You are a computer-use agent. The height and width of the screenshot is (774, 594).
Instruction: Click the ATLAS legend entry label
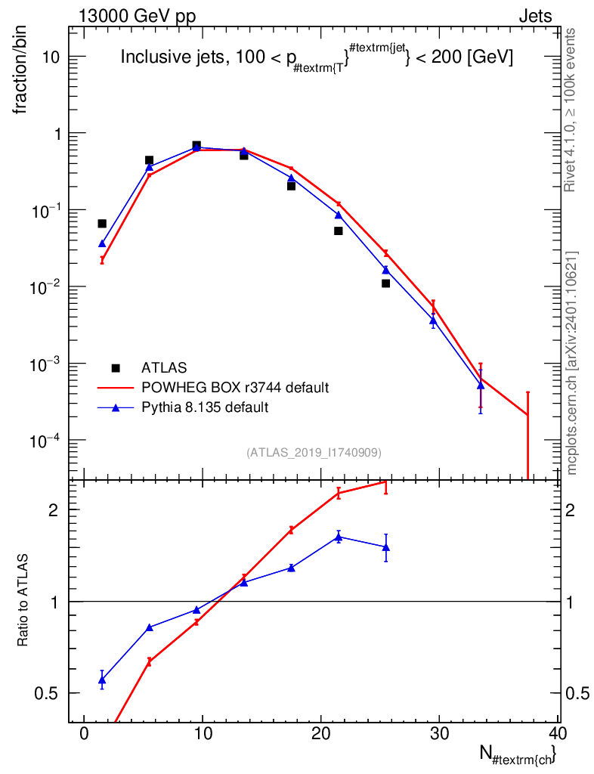click(164, 368)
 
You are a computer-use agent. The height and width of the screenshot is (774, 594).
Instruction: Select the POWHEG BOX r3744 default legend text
click(235, 388)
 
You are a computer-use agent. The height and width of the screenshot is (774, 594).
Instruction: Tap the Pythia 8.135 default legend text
click(205, 407)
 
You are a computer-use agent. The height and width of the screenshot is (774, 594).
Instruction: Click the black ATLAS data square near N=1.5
click(102, 224)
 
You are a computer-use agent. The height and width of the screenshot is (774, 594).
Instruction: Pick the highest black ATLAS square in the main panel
click(196, 145)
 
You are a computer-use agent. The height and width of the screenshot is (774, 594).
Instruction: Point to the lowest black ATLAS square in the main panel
click(386, 283)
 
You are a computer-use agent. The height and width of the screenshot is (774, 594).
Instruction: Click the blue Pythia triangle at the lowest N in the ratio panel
click(102, 680)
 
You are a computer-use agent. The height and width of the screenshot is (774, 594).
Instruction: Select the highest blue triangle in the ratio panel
click(339, 537)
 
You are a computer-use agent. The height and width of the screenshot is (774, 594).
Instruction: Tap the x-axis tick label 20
click(320, 733)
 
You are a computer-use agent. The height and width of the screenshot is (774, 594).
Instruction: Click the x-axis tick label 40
click(558, 733)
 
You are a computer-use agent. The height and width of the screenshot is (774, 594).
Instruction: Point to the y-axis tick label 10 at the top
click(51, 57)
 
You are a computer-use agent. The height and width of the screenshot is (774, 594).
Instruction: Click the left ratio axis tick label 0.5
click(46, 694)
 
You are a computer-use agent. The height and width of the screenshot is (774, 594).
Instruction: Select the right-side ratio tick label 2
click(571, 510)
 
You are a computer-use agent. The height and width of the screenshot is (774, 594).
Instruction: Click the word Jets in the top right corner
click(535, 17)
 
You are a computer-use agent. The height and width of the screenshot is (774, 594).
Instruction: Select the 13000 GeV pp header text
click(137, 17)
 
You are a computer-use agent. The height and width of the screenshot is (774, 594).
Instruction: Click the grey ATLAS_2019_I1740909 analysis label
click(314, 453)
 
